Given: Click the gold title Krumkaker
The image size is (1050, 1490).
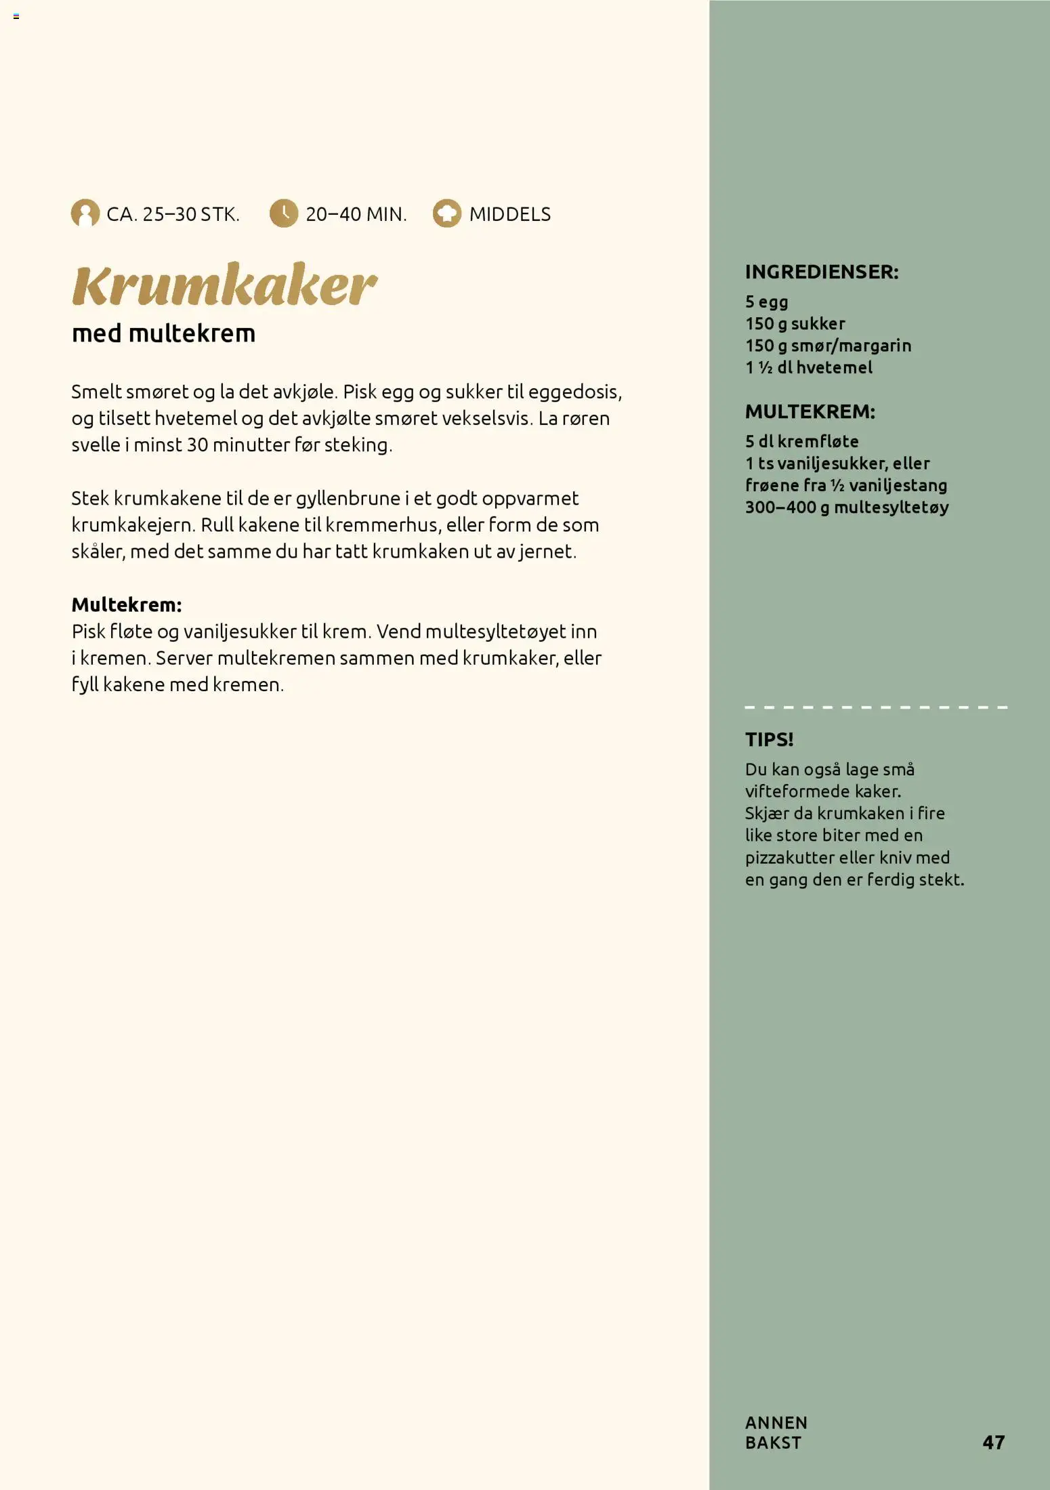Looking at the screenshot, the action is (224, 285).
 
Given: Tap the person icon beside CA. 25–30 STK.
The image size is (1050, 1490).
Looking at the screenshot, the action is (85, 213).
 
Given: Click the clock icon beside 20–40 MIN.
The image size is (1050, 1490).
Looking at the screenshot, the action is (284, 213).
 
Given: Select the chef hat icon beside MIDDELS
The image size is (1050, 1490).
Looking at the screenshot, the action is (447, 213).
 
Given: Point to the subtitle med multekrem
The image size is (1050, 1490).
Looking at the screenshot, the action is (163, 333).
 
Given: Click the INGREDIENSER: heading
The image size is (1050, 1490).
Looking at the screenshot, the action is (822, 272).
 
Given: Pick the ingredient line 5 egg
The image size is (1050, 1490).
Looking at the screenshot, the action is (766, 302).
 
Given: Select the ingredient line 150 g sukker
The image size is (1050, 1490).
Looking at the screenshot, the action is (795, 324).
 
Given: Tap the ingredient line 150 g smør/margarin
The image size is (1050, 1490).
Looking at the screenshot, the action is (828, 346).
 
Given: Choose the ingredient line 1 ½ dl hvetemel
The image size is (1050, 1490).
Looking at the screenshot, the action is (808, 367).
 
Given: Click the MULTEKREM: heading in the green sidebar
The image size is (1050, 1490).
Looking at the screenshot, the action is (810, 411).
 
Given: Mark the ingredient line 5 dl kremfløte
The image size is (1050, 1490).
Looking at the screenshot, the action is (801, 441).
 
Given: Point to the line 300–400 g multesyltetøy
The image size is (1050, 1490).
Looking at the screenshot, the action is (847, 508).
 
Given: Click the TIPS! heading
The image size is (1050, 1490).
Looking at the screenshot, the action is (769, 739).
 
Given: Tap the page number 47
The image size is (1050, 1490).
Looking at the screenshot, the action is (993, 1442).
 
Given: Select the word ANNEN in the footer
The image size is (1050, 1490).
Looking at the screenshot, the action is (776, 1422).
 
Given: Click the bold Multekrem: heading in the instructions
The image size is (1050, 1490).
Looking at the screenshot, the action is (127, 604).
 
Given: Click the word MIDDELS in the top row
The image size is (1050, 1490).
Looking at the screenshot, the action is (509, 214).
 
